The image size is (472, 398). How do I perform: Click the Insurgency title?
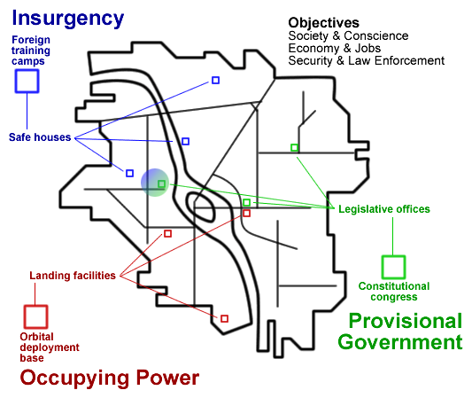click(x=67, y=20)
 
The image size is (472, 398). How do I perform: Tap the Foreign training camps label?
click(x=31, y=51)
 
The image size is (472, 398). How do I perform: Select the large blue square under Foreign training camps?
click(x=27, y=81)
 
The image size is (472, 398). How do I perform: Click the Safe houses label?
click(x=40, y=137)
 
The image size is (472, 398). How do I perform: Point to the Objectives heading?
click(x=323, y=23)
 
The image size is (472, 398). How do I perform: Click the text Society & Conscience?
click(x=348, y=35)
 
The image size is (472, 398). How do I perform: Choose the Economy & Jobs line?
click(x=335, y=48)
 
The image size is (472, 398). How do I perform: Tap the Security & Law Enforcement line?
click(x=367, y=60)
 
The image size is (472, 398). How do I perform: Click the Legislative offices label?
click(x=384, y=209)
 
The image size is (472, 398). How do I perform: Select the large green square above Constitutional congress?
click(x=393, y=267)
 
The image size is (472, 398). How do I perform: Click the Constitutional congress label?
click(x=394, y=292)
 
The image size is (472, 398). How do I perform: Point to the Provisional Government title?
click(x=400, y=332)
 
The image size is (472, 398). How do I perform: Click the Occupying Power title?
click(x=110, y=378)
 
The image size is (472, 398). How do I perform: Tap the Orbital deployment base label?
click(x=50, y=347)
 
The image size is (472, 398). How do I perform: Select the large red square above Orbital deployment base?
click(x=35, y=316)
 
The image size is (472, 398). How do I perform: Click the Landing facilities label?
click(x=73, y=276)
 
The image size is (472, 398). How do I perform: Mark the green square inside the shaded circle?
click(x=162, y=183)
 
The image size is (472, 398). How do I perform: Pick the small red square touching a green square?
click(x=246, y=214)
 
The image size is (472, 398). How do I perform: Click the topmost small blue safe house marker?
click(x=215, y=80)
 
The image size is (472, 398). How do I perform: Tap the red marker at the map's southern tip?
click(x=224, y=319)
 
